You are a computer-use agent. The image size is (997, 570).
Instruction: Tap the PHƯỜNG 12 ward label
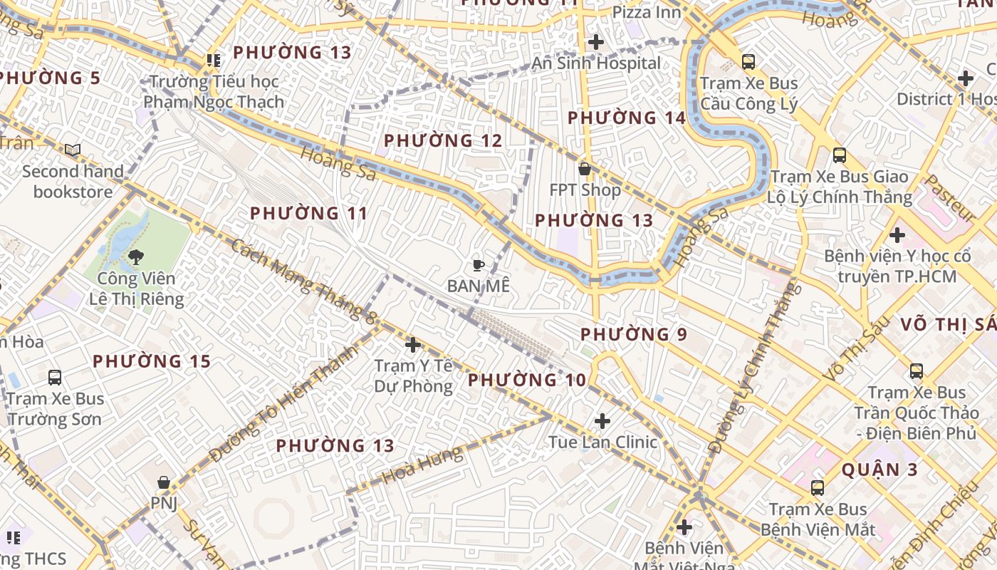point(443,141)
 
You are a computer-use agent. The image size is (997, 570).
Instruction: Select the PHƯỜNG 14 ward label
point(627,118)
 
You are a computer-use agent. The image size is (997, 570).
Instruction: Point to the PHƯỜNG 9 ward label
point(634,334)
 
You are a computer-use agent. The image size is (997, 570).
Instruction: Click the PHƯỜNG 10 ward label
point(527,380)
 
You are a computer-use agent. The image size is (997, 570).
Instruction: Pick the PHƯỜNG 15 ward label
point(152,361)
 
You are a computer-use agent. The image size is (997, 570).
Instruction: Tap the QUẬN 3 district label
point(879,470)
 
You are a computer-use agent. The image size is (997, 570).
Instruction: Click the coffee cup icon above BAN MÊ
point(479,266)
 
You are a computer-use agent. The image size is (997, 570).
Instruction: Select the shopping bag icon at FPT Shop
point(585,170)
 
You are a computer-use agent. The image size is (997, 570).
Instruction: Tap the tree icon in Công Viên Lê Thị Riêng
point(135,256)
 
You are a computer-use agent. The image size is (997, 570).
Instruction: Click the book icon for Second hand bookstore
point(73,150)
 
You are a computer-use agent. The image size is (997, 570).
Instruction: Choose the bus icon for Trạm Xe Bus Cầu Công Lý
point(748,62)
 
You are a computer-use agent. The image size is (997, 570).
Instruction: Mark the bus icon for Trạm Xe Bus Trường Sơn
point(55,377)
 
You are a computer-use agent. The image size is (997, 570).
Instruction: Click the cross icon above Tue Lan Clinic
point(602,421)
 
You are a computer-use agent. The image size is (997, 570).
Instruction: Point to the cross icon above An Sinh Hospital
point(596,42)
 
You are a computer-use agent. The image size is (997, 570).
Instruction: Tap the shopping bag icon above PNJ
point(164,482)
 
